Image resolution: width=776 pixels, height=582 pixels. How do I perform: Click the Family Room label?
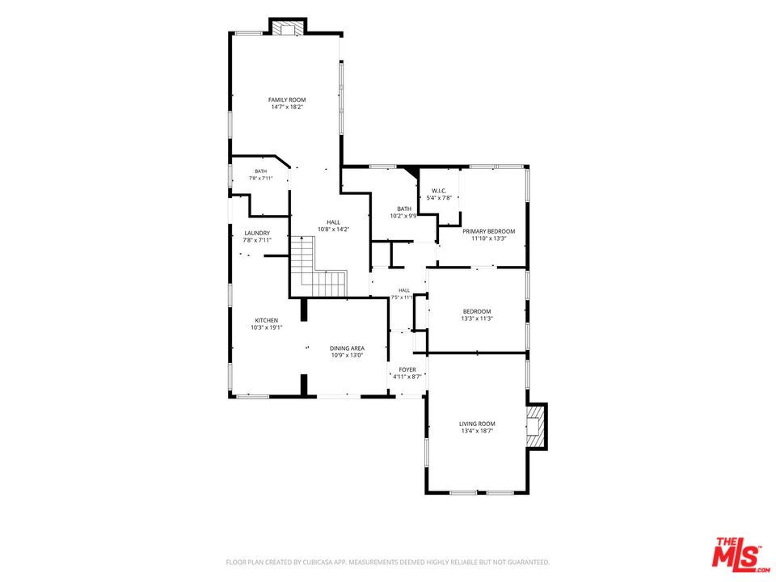[x=287, y=99]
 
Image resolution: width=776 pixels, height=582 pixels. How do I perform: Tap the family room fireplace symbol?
[x=288, y=29]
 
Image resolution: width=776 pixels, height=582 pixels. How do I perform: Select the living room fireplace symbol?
[x=534, y=426]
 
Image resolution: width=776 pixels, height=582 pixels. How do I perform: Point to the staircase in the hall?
[x=318, y=268]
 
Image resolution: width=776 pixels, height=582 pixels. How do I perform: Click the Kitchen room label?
[x=266, y=320]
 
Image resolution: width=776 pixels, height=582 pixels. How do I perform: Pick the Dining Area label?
[x=348, y=348]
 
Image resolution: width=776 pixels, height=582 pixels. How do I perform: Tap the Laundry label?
[x=257, y=233]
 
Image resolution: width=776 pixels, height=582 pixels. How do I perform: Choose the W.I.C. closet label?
[x=439, y=191]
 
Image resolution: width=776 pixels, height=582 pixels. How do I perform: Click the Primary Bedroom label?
[x=488, y=231]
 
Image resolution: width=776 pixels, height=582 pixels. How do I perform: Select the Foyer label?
[x=407, y=369]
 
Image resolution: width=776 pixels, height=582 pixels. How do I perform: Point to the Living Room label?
[x=477, y=424]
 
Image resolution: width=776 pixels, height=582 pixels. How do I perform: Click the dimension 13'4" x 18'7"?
[x=477, y=431]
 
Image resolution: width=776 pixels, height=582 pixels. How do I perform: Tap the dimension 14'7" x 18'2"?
[x=287, y=107]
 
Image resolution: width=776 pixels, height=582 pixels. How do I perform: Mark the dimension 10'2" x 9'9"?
[x=404, y=216]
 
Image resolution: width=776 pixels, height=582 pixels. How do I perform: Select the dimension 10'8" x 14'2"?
[x=334, y=229]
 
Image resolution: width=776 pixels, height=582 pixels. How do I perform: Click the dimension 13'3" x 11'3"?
[x=477, y=318]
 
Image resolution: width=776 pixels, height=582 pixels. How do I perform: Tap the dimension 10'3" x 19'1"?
[x=266, y=327]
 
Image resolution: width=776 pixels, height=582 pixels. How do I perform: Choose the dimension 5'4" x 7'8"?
[x=439, y=198]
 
